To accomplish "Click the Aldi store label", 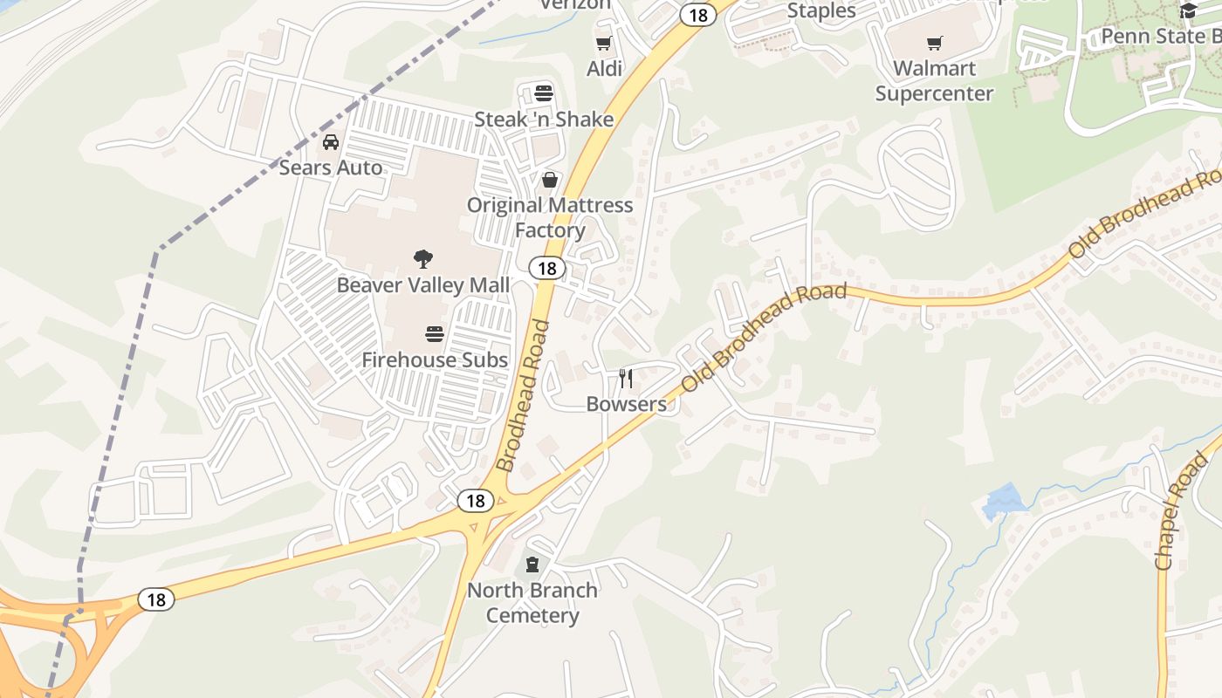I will (604, 68).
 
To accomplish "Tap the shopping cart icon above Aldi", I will (603, 43).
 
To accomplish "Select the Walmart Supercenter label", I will (934, 80).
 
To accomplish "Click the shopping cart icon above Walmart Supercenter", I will (935, 43).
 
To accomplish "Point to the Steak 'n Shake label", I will (544, 119).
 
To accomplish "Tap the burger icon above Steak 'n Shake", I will (544, 93).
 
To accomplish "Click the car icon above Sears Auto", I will (331, 141).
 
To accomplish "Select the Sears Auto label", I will (331, 167).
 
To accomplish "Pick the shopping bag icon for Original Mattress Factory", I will (550, 180).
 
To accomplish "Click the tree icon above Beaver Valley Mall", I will (423, 259).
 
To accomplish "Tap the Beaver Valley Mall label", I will (423, 284).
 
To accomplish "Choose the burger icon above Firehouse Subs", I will (435, 333).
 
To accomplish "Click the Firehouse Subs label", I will (435, 359).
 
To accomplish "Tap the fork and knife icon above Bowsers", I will (626, 379).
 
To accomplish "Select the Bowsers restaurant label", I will (626, 404).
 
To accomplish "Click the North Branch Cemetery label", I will (532, 602).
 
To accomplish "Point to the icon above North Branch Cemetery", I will (532, 565).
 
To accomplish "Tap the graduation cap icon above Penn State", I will (1188, 10).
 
